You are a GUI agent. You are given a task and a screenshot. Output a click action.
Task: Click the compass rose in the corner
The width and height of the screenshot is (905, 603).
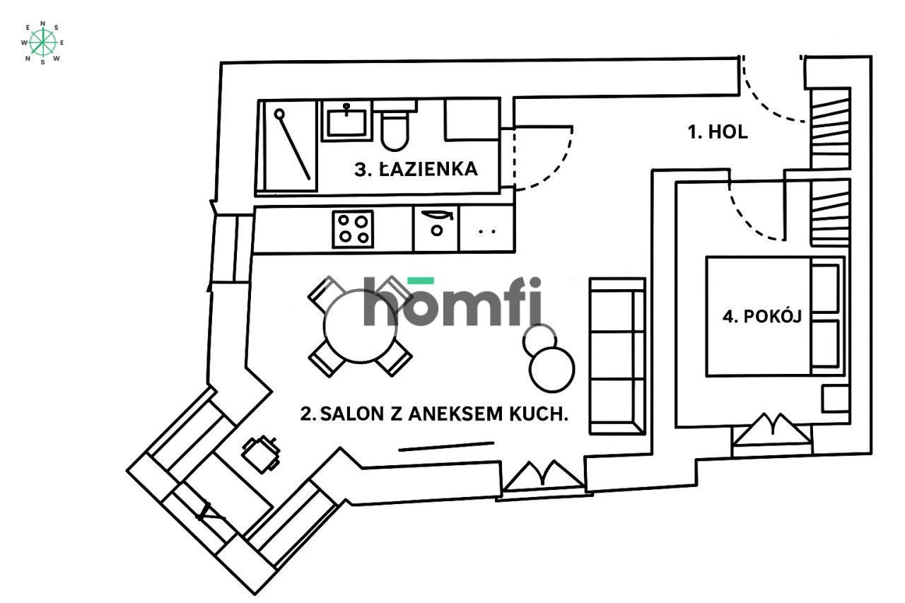point(42,42)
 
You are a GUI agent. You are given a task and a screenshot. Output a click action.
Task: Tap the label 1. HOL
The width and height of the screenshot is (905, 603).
point(718,132)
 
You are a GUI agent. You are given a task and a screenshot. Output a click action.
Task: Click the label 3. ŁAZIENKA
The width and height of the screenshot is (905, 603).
point(416,169)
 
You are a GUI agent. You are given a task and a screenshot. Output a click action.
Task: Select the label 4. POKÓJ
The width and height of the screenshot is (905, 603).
point(761,316)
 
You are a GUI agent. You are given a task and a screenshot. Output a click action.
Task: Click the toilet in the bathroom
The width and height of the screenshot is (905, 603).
point(395,126)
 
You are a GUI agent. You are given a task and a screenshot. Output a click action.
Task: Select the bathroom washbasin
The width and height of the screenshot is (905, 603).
point(346,120)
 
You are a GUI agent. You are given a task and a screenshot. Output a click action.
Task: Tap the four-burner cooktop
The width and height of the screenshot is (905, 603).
point(353,229)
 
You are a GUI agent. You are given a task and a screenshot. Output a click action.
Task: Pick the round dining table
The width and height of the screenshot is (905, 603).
point(360,325)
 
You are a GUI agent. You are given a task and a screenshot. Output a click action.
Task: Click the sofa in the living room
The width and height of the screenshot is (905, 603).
point(617,356)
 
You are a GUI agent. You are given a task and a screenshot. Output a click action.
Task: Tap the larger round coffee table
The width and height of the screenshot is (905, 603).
point(552,369)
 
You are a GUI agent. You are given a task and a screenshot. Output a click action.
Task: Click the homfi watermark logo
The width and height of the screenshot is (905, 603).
point(452,301)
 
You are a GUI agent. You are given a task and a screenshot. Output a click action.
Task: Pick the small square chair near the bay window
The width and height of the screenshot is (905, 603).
point(261,454)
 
